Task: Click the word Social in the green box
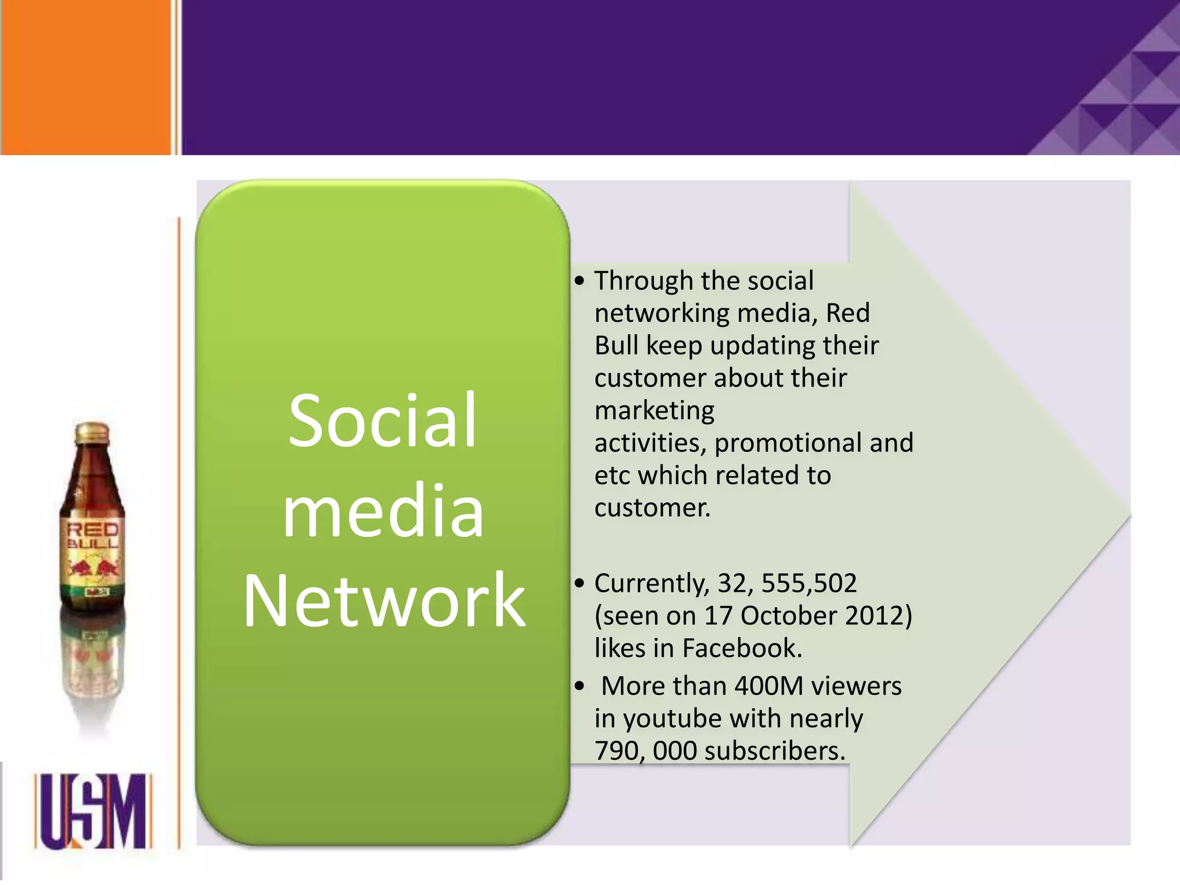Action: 383,421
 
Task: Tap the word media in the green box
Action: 383,512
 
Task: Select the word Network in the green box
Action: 384,601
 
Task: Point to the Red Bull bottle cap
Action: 92,432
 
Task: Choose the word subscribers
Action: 774,751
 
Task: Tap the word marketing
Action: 655,411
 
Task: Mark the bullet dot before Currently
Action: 580,584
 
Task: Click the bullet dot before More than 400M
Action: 580,686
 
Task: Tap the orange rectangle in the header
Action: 86,77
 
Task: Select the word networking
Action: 662,313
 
